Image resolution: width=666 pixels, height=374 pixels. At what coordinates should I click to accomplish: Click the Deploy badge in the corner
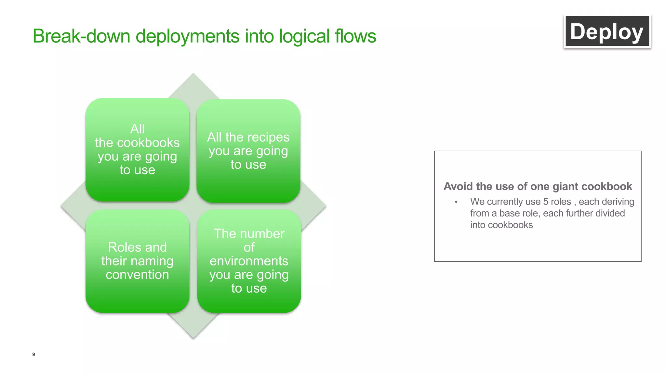point(607,31)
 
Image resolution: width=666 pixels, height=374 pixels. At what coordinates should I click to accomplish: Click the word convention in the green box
point(137,275)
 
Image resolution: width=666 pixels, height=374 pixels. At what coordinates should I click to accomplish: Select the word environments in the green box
point(249,261)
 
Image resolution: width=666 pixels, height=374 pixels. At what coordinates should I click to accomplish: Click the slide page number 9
point(33,354)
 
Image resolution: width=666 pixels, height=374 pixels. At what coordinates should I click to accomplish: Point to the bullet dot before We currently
point(456,202)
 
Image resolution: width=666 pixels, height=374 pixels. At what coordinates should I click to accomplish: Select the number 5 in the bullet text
point(546,202)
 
